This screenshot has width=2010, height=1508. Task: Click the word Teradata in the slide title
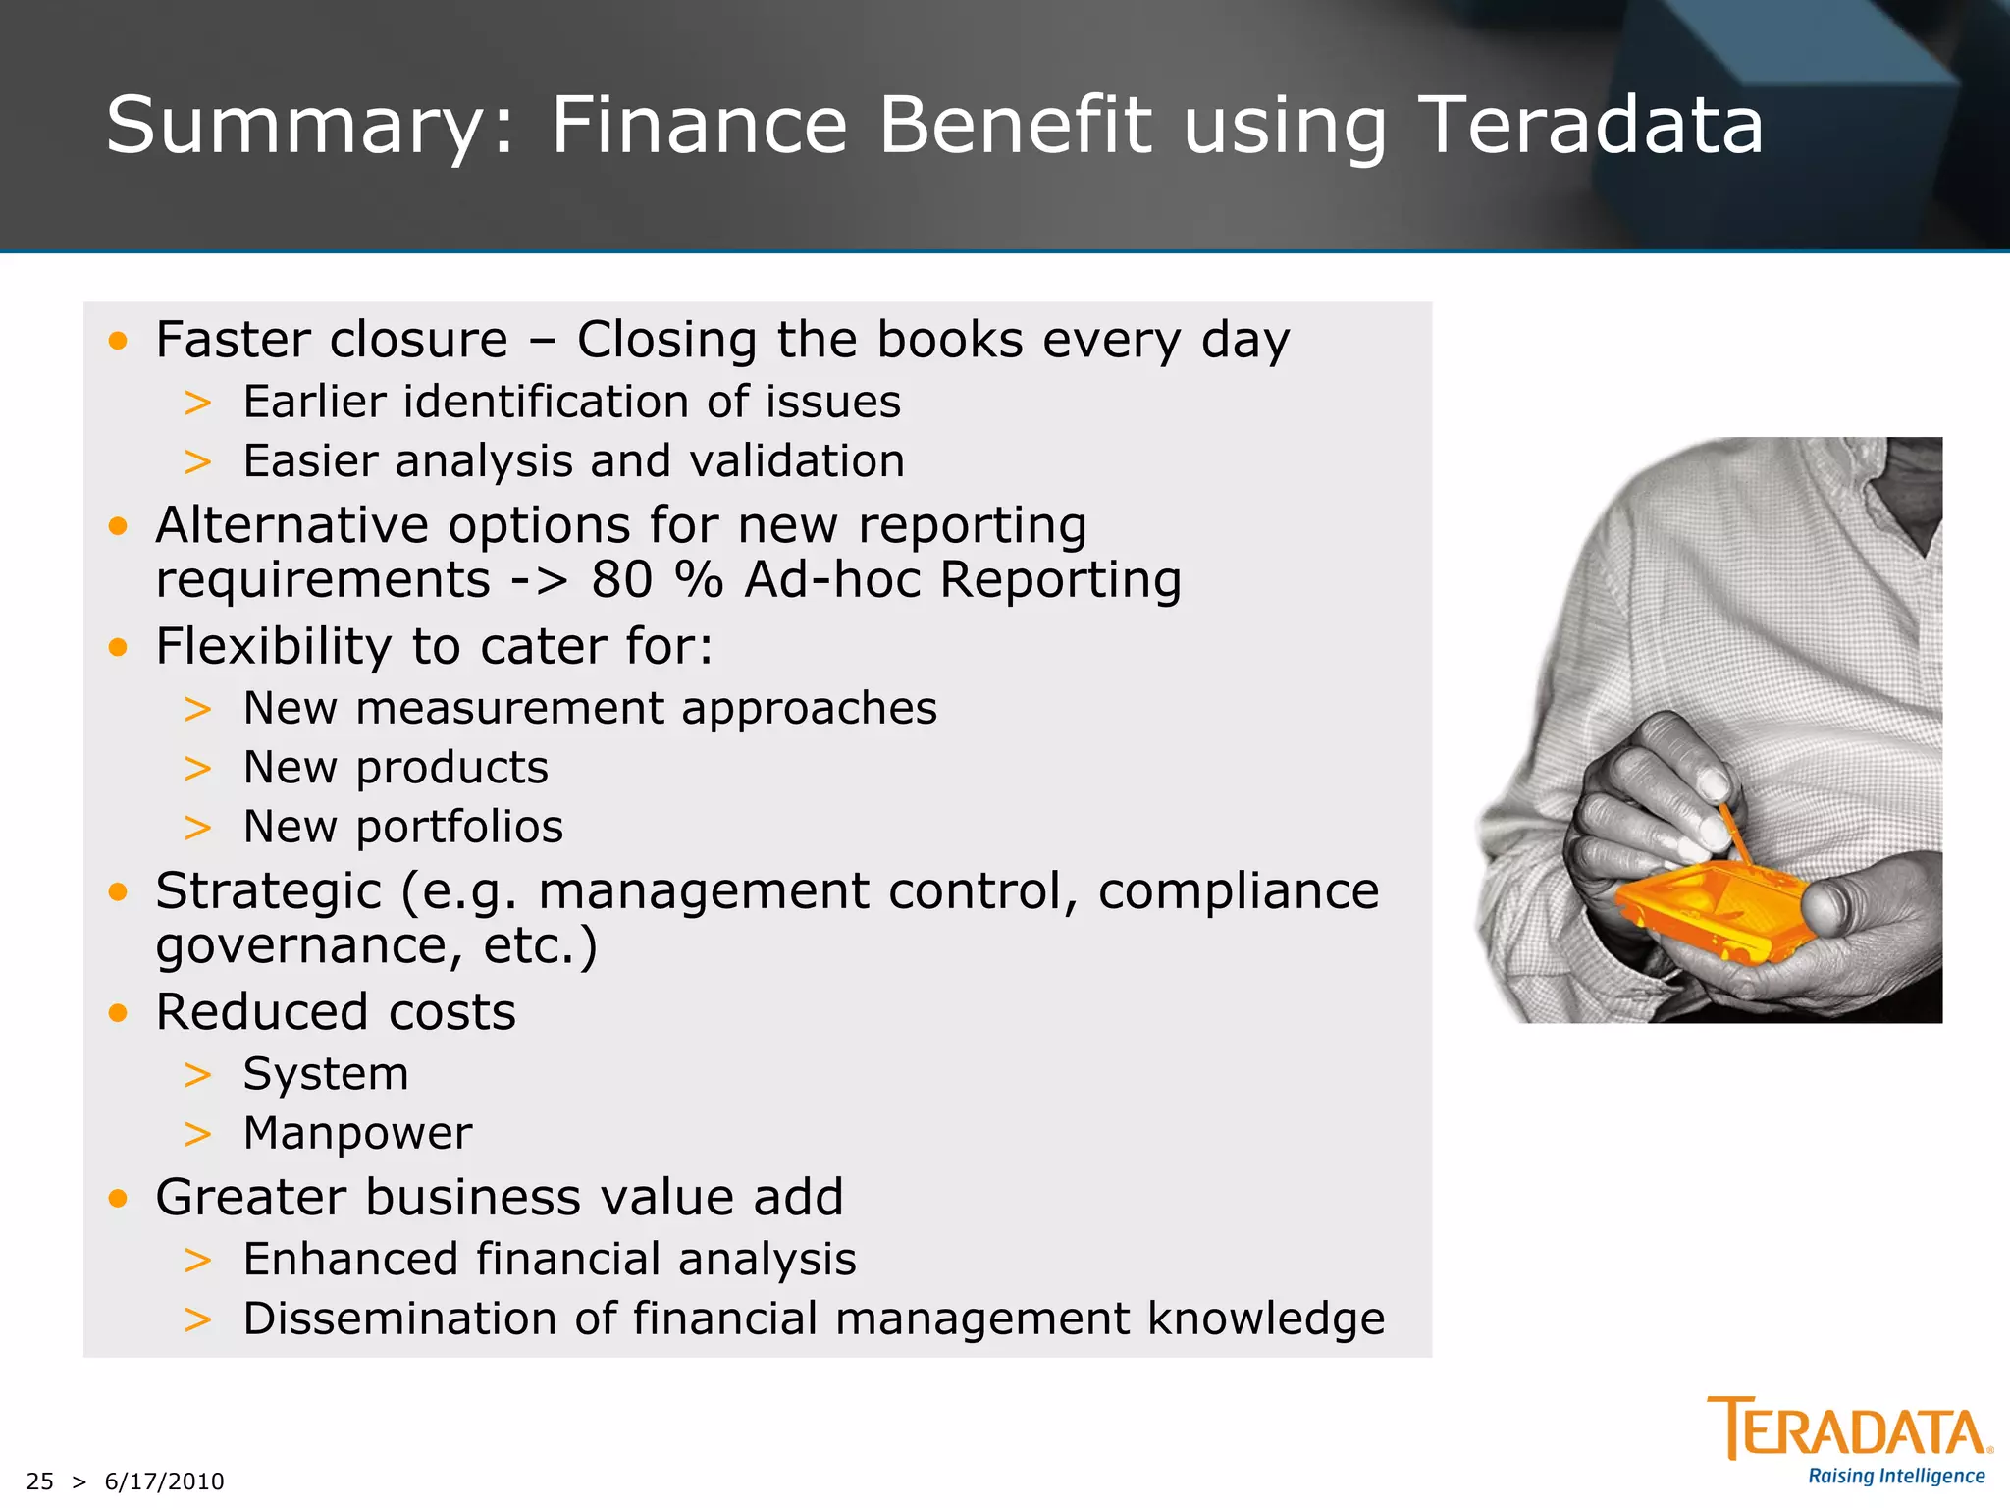tap(1590, 126)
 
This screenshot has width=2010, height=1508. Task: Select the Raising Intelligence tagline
tap(1896, 1477)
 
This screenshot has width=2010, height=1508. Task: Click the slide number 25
tap(40, 1481)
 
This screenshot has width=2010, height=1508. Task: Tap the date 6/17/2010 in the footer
tap(164, 1481)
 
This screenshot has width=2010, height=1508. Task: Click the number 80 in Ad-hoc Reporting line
tap(621, 579)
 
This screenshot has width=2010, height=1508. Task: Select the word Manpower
tap(357, 1133)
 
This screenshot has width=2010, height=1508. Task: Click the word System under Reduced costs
tap(325, 1073)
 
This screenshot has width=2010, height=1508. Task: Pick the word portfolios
tap(459, 827)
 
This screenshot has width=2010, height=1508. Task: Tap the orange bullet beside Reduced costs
tap(119, 1012)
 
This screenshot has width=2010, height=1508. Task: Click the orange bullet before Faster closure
tap(119, 341)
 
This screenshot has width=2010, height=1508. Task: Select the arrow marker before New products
tap(197, 768)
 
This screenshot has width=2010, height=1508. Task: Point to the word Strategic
tap(268, 891)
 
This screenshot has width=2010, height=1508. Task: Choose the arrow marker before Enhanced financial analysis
tap(197, 1260)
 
